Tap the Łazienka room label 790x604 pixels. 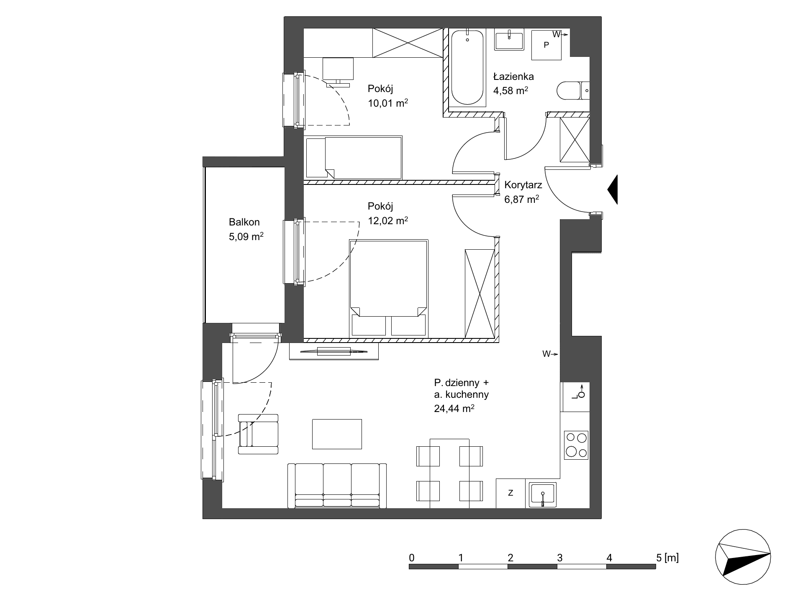[513, 77]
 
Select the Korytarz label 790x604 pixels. [523, 185]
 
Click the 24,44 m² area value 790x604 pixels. [454, 408]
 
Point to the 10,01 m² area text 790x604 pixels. [388, 103]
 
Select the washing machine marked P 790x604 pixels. [546, 45]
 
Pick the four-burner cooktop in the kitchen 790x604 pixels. [576, 445]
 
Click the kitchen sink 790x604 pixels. [542, 495]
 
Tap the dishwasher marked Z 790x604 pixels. [510, 493]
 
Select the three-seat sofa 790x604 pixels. [337, 486]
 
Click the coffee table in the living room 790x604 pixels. [337, 434]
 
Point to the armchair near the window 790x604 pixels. [258, 434]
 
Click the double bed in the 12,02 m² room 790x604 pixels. [389, 288]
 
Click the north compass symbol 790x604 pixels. [743, 559]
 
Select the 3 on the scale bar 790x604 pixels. [559, 558]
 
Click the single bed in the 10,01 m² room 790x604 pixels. [354, 157]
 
